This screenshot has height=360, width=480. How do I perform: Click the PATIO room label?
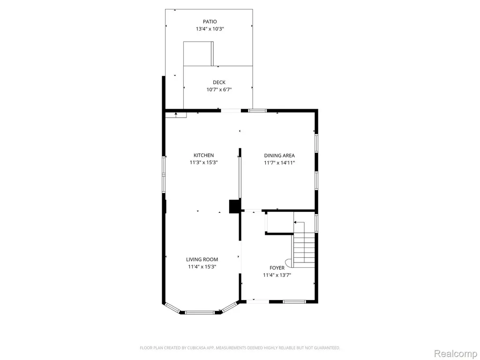[x=210, y=22]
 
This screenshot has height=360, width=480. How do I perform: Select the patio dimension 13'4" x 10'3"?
[x=210, y=29]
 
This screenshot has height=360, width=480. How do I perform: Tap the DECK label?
[x=219, y=82]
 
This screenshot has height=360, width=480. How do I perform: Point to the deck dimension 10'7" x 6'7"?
[x=219, y=90]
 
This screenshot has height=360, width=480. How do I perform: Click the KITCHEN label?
[x=203, y=155]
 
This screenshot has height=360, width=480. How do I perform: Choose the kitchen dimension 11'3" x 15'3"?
[x=203, y=163]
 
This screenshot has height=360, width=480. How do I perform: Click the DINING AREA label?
[x=279, y=156]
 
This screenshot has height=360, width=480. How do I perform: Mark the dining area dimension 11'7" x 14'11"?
[x=279, y=163]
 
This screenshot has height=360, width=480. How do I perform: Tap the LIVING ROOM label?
[x=202, y=259]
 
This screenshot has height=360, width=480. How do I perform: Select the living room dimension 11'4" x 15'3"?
[x=202, y=267]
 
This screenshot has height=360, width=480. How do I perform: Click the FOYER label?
[x=277, y=268]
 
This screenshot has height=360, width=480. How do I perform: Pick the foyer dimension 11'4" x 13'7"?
[x=277, y=275]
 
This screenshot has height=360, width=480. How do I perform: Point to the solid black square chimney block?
[x=234, y=206]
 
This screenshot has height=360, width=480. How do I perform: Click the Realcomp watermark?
[x=456, y=353]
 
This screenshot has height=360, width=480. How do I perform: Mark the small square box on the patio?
[x=198, y=53]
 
